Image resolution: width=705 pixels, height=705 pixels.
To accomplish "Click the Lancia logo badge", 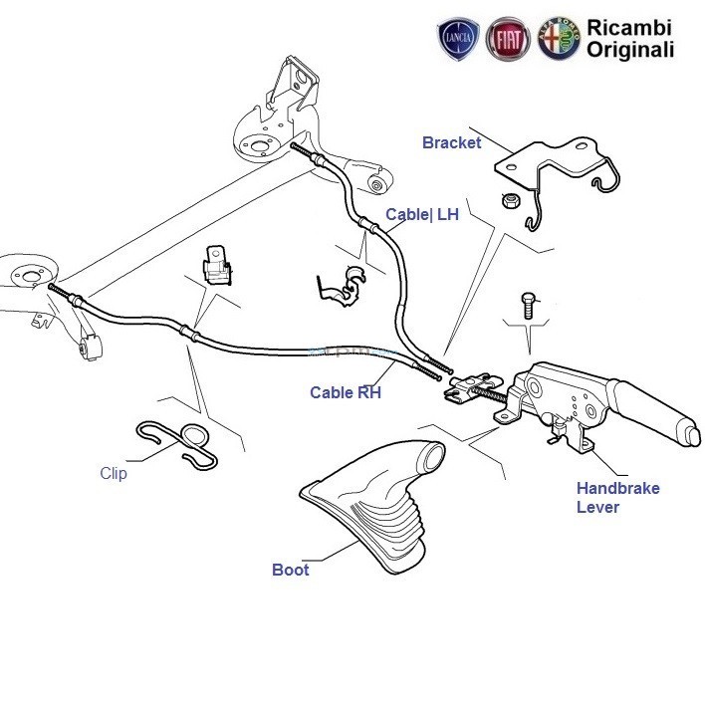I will click(x=459, y=40).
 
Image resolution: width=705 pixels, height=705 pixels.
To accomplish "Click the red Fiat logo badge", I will click(x=508, y=40).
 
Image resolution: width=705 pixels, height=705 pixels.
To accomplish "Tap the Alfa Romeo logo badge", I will click(x=558, y=40).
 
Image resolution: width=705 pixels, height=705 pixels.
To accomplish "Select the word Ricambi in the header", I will click(x=629, y=27).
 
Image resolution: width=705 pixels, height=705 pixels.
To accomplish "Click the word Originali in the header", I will click(x=630, y=50).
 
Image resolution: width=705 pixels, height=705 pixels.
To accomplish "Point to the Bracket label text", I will click(x=451, y=142).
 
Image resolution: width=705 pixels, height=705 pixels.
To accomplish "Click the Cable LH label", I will click(x=422, y=215).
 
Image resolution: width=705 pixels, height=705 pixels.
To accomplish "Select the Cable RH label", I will click(x=345, y=392).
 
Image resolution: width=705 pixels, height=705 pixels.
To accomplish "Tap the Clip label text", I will click(x=114, y=474).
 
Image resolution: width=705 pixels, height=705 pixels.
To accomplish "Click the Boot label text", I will click(x=290, y=570).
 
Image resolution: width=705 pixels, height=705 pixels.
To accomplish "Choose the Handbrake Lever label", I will click(x=617, y=497).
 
